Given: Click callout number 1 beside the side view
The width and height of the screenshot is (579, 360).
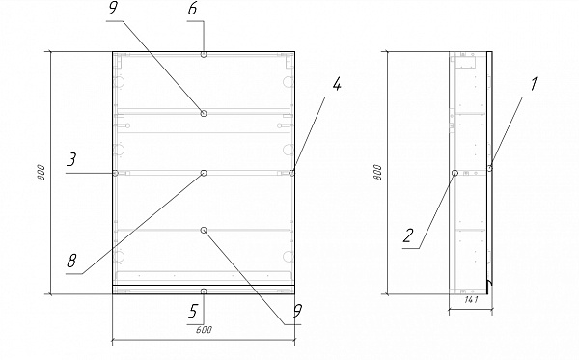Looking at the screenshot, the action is [533, 85].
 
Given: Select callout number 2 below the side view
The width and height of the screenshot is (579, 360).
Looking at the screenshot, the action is [408, 235].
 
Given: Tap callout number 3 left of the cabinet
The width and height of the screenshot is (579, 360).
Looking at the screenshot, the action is [71, 160].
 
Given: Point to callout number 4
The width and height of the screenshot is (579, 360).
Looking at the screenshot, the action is [337, 85].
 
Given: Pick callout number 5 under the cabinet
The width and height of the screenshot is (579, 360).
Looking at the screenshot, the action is [193, 312].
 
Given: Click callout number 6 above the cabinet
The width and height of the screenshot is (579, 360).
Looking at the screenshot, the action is [192, 9].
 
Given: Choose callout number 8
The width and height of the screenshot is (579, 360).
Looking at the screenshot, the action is [71, 261].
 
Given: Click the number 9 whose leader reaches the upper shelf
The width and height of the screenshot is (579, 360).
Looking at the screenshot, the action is [113, 9].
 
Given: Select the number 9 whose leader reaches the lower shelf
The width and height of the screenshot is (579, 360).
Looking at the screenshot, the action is [297, 312].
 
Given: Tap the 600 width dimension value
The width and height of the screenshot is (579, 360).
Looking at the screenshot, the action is [204, 330].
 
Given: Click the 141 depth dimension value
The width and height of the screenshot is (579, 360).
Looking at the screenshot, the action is [471, 300].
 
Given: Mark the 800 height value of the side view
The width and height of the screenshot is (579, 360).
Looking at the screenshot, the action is [377, 173].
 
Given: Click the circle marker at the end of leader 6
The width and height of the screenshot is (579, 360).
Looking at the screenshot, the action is [204, 55].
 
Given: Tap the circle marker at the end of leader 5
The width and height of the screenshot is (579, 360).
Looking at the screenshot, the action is [204, 291].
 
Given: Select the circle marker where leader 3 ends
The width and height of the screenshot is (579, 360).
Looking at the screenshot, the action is [115, 173].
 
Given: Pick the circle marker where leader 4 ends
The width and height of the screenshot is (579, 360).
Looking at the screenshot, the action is [292, 173].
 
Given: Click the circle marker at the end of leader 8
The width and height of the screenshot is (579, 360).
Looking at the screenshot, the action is [204, 173].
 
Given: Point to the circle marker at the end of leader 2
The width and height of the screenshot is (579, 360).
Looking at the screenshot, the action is [455, 173].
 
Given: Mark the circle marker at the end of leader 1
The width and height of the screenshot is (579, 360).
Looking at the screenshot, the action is [490, 168].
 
